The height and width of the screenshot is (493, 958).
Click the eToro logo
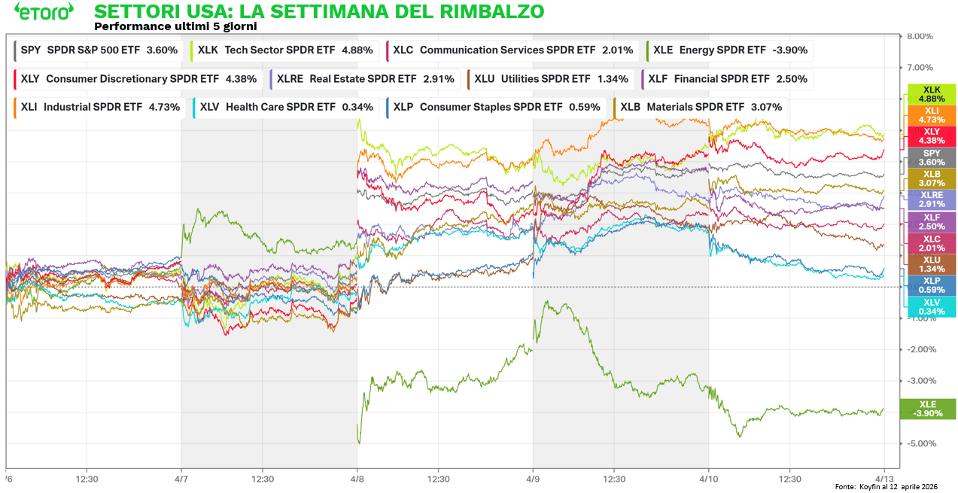[44, 12]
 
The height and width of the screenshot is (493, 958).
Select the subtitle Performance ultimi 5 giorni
[176, 26]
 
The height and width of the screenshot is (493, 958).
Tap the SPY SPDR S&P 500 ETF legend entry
[99, 50]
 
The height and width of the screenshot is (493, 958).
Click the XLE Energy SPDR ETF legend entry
[730, 50]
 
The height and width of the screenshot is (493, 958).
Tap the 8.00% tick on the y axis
[920, 36]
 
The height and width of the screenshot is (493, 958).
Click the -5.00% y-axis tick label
[919, 443]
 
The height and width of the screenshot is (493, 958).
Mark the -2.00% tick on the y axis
[919, 349]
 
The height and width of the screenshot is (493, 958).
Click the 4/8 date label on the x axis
[357, 478]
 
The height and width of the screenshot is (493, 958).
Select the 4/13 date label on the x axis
[883, 478]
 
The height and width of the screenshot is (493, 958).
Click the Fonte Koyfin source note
[886, 487]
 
